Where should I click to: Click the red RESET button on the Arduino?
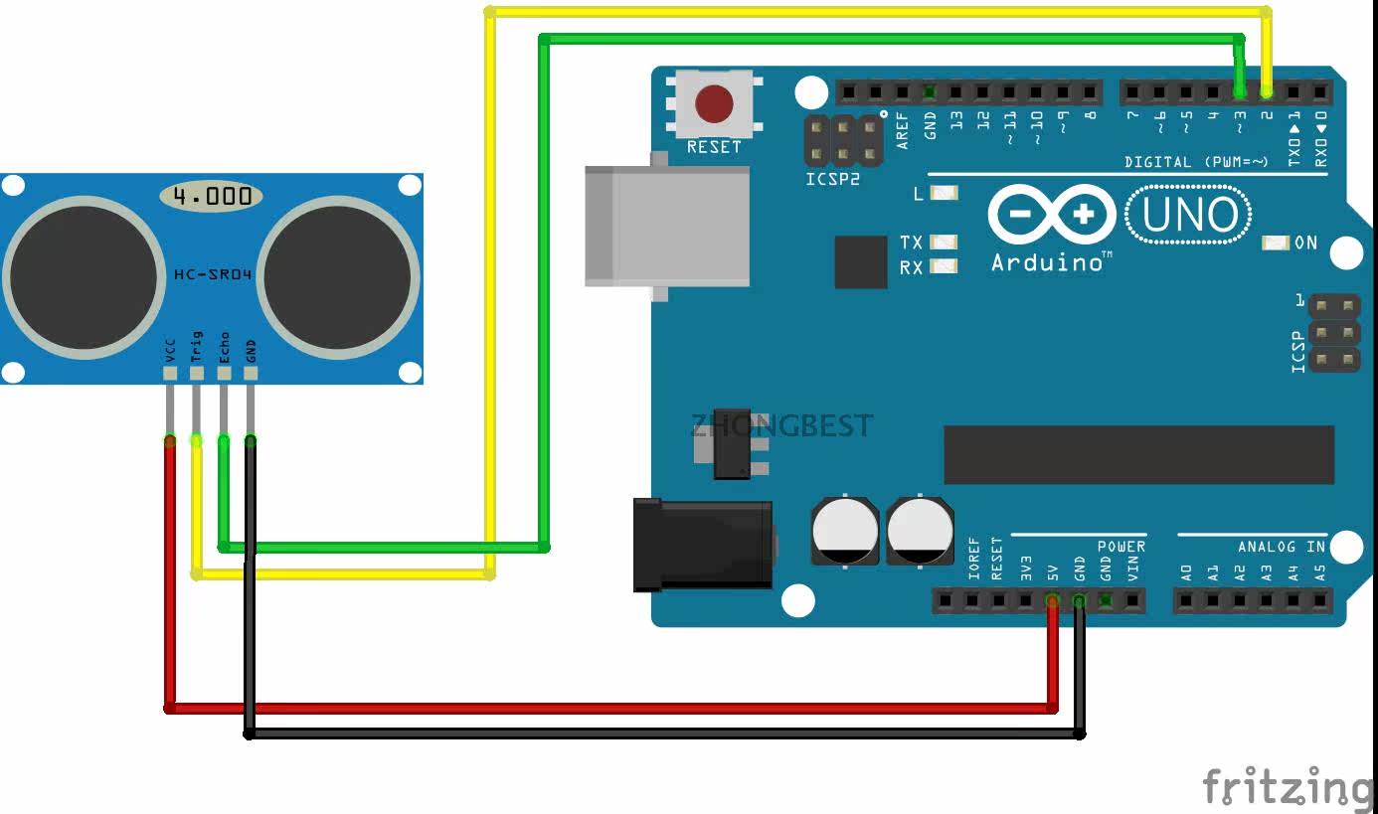[x=714, y=103]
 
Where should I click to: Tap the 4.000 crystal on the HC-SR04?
[x=212, y=196]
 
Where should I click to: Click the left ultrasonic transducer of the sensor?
[x=84, y=277]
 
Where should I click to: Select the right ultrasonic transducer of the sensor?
[x=339, y=277]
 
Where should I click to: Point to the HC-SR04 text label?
[x=212, y=273]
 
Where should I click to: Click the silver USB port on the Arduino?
[x=666, y=226]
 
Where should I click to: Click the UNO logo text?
[x=1188, y=215]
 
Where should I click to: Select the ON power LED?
[x=1276, y=243]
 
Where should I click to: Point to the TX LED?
[x=944, y=243]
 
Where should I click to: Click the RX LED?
[x=944, y=266]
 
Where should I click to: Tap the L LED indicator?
[x=944, y=194]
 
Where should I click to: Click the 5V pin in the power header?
[x=1052, y=600]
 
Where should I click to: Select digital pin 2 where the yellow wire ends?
[x=1266, y=92]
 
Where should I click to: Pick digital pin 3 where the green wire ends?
[x=1239, y=92]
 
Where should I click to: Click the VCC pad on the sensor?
[x=170, y=374]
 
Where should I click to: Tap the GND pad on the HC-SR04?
[x=251, y=374]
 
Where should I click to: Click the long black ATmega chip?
[x=1138, y=454]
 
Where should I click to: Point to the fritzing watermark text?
[x=1289, y=787]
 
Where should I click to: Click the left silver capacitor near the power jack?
[x=845, y=530]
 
